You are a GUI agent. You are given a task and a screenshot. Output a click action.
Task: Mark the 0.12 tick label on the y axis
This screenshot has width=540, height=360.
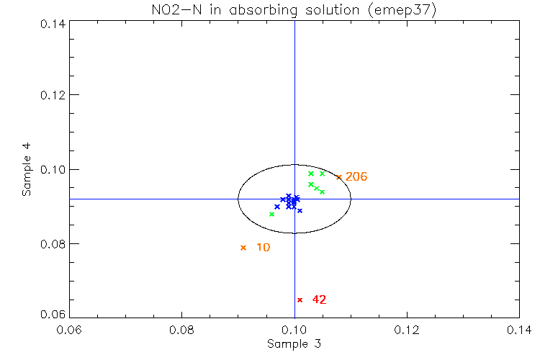click(x=51, y=96)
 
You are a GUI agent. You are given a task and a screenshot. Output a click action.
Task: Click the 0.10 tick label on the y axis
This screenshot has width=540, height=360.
click(x=51, y=170)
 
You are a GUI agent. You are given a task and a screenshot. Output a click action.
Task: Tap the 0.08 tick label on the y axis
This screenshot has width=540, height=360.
click(x=51, y=244)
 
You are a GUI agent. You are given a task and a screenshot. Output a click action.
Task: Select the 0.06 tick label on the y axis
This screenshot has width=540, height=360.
click(x=51, y=315)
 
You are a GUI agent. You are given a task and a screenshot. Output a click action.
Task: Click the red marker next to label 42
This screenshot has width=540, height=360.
click(x=300, y=300)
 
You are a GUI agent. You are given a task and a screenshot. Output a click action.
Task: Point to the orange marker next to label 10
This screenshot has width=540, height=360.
click(x=243, y=248)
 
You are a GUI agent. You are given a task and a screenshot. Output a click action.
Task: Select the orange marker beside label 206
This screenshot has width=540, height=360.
click(x=338, y=177)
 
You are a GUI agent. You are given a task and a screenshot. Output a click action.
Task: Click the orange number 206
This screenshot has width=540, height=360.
click(x=356, y=177)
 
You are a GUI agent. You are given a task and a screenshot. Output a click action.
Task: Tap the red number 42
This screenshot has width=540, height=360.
click(x=319, y=300)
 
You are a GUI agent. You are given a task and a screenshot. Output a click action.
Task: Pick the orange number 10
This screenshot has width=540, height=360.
click(x=264, y=248)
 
